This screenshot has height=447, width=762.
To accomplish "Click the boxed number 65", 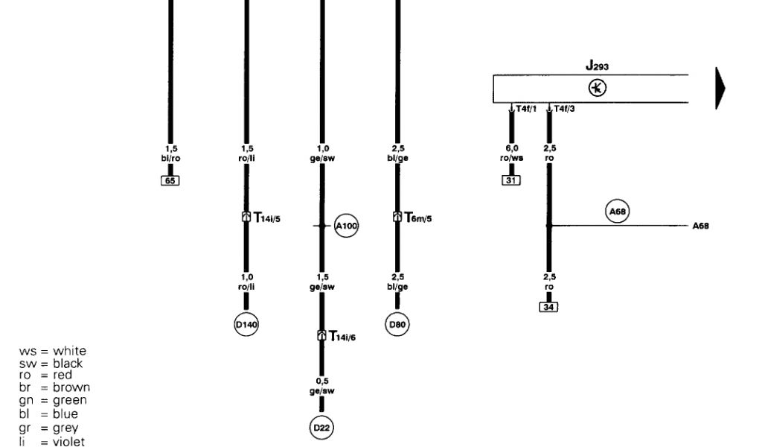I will pyautogui.click(x=170, y=180).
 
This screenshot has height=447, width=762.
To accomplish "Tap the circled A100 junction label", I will pyautogui.click(x=346, y=226).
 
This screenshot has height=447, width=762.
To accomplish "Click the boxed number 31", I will pyautogui.click(x=511, y=180).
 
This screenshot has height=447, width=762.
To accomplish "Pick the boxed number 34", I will pyautogui.click(x=548, y=307).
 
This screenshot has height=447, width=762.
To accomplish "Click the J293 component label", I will pyautogui.click(x=597, y=67).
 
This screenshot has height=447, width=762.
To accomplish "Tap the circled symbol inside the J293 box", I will pyautogui.click(x=598, y=88).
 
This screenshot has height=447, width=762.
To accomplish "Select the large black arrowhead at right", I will pyautogui.click(x=720, y=88).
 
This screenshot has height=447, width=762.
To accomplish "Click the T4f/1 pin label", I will pyautogui.click(x=525, y=110).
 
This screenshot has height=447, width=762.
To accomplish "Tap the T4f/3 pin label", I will pyautogui.click(x=563, y=110).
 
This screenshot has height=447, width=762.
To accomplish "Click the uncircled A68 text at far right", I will pyautogui.click(x=700, y=226).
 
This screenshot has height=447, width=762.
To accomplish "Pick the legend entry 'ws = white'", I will pyautogui.click(x=52, y=351).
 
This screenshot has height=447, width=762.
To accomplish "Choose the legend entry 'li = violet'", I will pyautogui.click(x=51, y=442).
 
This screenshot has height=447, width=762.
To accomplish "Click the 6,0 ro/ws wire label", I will pyautogui.click(x=512, y=153).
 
